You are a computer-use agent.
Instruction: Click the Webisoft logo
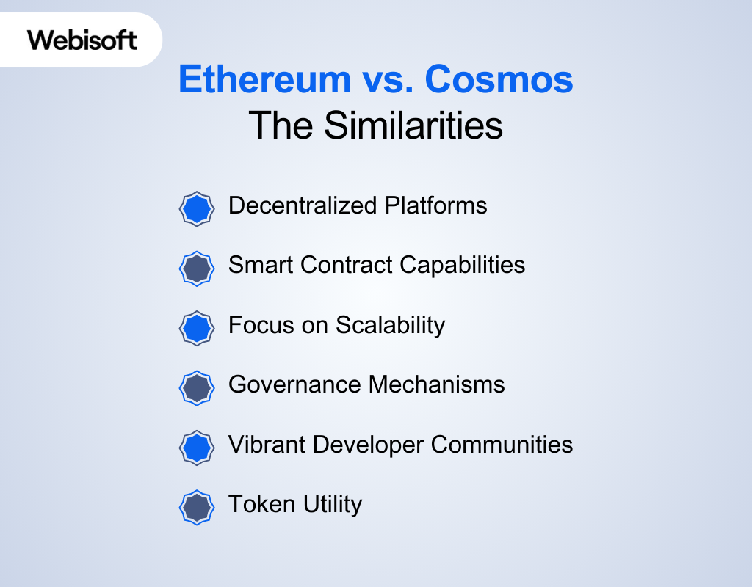82,40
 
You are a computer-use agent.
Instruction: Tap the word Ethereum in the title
265,79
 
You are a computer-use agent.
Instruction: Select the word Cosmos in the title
499,79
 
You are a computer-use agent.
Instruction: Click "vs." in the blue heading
388,81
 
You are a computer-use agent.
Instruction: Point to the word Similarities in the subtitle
413,125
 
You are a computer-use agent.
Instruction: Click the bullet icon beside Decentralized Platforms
197,209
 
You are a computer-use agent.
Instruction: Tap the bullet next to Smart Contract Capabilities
197,269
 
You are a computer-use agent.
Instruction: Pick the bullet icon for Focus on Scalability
197,328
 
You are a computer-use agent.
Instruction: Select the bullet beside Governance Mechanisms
197,388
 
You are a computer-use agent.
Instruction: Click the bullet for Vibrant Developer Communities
197,448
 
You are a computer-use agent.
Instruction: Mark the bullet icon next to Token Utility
197,508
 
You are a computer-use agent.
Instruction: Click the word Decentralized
303,205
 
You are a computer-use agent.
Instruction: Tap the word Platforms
436,206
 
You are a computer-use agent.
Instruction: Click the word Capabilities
463,266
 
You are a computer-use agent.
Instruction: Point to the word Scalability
391,326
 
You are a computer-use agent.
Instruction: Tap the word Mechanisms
436,384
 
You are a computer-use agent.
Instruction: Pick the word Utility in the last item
333,505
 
